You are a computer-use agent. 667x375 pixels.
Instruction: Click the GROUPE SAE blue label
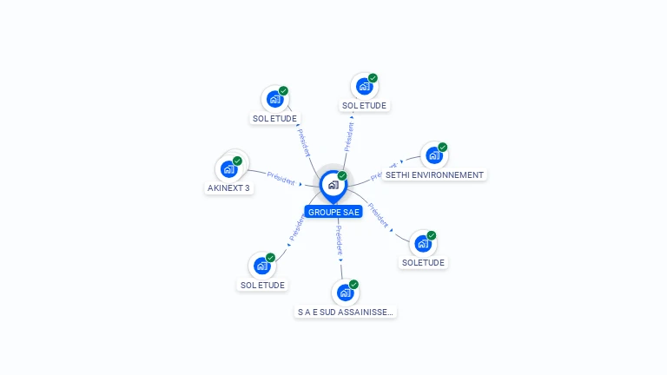(x=333, y=212)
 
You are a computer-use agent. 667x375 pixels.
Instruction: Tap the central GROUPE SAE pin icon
(x=333, y=185)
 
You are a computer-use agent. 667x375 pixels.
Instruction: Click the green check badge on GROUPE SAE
(x=342, y=176)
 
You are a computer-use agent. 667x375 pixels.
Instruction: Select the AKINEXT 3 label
(x=229, y=188)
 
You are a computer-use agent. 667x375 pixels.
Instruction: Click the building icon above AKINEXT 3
(x=229, y=169)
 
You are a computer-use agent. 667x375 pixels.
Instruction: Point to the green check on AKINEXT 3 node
(x=237, y=161)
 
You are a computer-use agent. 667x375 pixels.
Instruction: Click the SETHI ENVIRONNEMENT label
(x=433, y=175)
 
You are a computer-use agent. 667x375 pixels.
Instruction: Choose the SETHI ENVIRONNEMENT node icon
(x=433, y=156)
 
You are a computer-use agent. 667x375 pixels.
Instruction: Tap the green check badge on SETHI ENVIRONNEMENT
(x=442, y=148)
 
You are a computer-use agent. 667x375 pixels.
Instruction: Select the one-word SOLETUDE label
(x=424, y=262)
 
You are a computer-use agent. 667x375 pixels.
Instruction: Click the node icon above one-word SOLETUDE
(x=422, y=244)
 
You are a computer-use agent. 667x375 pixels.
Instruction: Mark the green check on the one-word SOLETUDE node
(x=431, y=235)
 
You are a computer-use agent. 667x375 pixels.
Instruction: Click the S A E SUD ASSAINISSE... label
(x=346, y=312)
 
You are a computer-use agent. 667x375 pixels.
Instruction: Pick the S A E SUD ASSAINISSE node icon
(x=345, y=293)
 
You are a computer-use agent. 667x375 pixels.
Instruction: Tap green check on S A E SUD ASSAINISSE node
(x=353, y=284)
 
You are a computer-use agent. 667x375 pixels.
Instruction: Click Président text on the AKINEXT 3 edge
(x=281, y=178)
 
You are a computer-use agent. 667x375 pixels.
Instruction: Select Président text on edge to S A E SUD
(x=339, y=238)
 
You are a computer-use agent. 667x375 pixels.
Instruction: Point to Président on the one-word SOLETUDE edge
(x=378, y=214)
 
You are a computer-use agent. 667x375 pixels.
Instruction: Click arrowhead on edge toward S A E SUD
(x=340, y=259)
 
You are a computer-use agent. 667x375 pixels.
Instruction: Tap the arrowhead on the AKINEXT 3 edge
(x=300, y=184)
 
